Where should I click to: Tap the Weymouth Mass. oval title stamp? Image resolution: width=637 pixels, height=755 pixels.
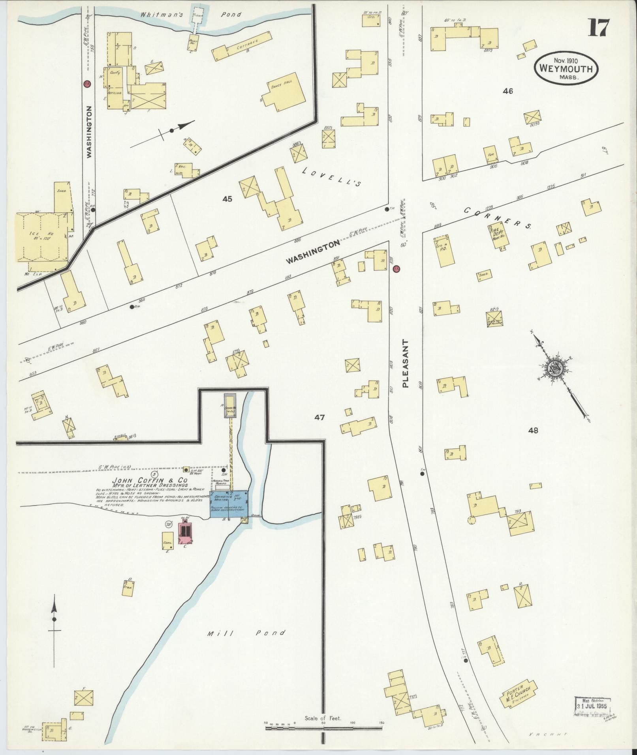pyautogui.click(x=566, y=69)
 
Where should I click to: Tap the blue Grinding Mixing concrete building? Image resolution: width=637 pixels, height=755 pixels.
pyautogui.click(x=229, y=503)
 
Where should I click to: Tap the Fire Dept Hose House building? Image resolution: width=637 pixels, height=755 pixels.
pyautogui.click(x=498, y=236)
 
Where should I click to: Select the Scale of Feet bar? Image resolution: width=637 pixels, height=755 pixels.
pyautogui.click(x=325, y=723)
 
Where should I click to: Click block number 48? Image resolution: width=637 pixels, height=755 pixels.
pyautogui.click(x=533, y=431)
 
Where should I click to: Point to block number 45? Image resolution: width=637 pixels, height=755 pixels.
pyautogui.click(x=227, y=199)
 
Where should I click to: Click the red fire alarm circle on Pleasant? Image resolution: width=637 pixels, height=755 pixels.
pyautogui.click(x=396, y=269)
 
